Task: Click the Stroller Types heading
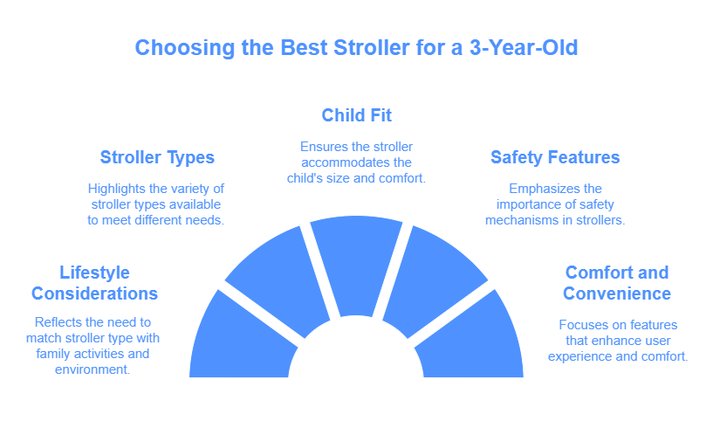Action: click(157, 158)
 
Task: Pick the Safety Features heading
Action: click(555, 158)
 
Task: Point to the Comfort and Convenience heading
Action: click(616, 282)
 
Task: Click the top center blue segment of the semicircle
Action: click(356, 262)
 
